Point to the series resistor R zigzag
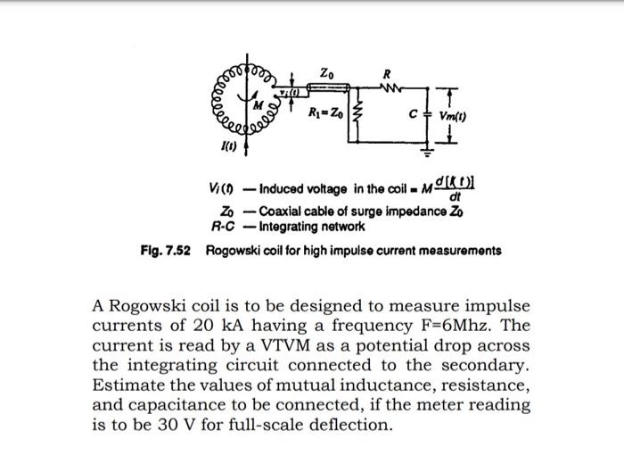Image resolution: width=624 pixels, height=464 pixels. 386,87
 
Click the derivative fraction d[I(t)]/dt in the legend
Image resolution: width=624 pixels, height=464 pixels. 455,190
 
